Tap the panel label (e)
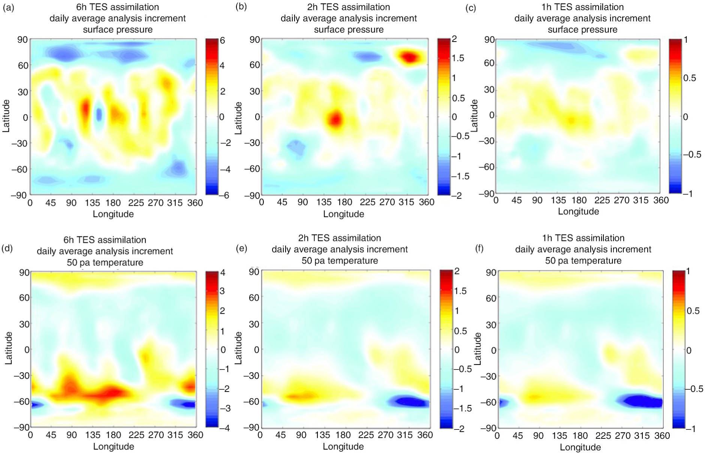[x=241, y=248]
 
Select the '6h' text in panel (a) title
[x=82, y=7]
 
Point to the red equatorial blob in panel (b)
[x=335, y=120]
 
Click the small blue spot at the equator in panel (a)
[x=99, y=114]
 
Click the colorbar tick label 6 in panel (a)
[x=222, y=40]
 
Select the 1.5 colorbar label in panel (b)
[x=458, y=58]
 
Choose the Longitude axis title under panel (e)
[x=343, y=446]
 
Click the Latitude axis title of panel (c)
[x=474, y=115]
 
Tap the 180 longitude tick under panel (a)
[x=113, y=203]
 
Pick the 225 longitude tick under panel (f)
[x=603, y=435]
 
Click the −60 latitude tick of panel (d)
[x=21, y=401]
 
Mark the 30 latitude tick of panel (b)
[x=255, y=91]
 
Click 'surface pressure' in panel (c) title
[x=582, y=30]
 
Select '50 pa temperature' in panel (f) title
[x=583, y=260]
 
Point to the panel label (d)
[x=8, y=248]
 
